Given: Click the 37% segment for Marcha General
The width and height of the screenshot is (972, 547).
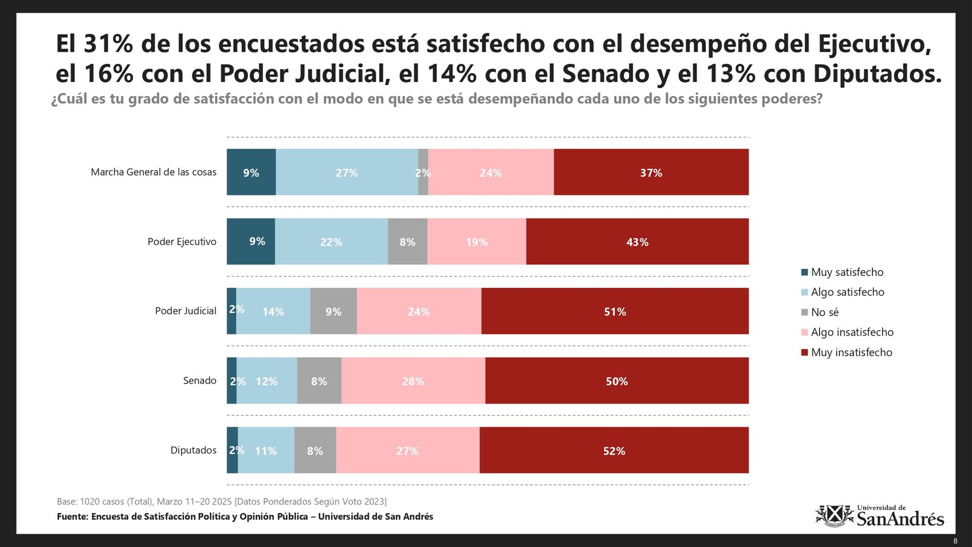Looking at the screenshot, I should tap(651, 172).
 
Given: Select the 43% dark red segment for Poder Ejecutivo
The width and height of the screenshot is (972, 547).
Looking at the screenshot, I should tap(637, 241).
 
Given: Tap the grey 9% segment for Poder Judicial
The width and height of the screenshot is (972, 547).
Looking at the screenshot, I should tap(334, 311).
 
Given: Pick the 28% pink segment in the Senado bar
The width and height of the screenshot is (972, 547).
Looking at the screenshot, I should tap(413, 380).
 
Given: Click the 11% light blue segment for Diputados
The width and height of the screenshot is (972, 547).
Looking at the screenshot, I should tap(266, 450).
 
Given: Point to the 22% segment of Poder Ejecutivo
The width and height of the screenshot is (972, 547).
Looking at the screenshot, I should tap(331, 241).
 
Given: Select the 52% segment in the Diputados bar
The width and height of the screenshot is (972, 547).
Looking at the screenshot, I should tap(614, 450).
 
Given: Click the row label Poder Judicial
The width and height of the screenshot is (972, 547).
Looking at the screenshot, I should tap(185, 311).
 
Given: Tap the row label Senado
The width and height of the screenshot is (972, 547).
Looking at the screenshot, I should tap(199, 380).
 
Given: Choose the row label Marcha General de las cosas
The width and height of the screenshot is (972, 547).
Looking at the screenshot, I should tap(154, 172).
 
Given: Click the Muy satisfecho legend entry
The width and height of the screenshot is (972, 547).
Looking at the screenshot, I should tap(847, 272).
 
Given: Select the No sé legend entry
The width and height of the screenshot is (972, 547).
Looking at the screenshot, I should tap(824, 312).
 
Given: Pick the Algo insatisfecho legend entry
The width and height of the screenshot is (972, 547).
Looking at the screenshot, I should tap(852, 332).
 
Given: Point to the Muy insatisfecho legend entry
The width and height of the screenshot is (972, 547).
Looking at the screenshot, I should tap(851, 353).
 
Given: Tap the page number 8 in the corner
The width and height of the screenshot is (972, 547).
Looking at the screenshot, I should tap(955, 541).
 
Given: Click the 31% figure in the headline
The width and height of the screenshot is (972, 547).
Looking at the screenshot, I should tap(108, 44).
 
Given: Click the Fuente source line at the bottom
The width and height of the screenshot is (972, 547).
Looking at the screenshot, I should tap(245, 517).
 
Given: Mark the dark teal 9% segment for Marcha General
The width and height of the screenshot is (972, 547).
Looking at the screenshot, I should tap(251, 172).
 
